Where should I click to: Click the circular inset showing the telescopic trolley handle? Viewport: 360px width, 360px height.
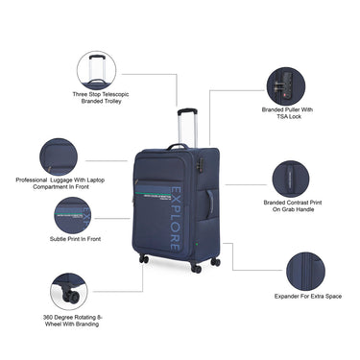click(x=96, y=69)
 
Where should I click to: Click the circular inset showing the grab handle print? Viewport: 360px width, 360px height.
click(x=292, y=178)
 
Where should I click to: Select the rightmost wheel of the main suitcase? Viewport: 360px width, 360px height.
click(x=215, y=261)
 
